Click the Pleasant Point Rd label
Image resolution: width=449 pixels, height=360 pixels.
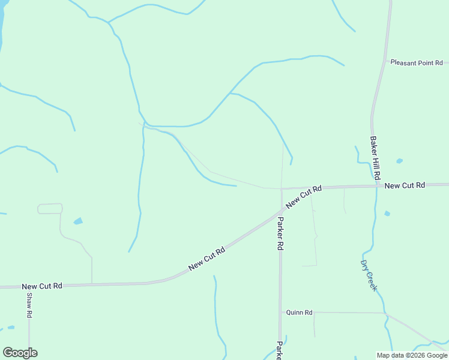pos(416,62)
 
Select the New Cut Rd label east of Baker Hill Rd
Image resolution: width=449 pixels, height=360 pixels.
pos(405,186)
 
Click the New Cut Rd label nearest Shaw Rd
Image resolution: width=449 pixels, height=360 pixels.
pos(42,287)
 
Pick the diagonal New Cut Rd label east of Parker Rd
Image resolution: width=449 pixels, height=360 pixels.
pos(304,197)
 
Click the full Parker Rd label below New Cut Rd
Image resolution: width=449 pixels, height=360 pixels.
pos(280,230)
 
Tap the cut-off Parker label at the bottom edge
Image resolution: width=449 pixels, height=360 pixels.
pos(279,351)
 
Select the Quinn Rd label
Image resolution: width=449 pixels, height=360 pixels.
pos(300,313)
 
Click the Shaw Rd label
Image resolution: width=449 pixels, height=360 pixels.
pos(29,306)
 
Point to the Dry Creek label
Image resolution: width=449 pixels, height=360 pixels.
pos(369,275)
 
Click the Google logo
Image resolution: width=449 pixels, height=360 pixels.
pos(20,353)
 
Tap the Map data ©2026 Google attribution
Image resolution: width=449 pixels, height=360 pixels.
pos(412,355)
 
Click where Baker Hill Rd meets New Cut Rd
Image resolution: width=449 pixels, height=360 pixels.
pos(377,186)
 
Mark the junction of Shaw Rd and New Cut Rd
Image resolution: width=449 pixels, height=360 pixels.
pos(29,287)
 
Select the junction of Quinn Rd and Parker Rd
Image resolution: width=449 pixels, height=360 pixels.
pos(280,312)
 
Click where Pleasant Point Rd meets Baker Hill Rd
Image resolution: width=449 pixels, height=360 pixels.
pos(385,62)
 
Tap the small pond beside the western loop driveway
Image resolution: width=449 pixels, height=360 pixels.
pos(78,221)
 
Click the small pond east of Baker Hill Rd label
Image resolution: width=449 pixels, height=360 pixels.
pos(399,161)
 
